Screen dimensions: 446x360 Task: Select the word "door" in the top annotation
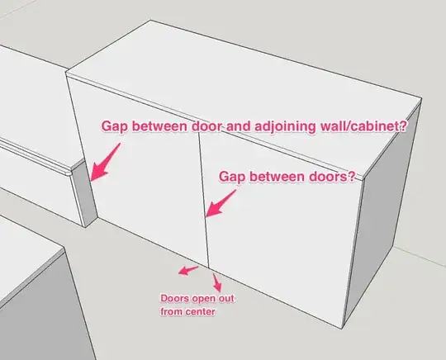click(x=206, y=126)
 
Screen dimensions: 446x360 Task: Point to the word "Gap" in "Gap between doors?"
click(x=231, y=177)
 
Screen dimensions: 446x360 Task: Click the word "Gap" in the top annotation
click(x=114, y=126)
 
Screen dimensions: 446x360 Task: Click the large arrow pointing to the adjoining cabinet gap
click(x=105, y=163)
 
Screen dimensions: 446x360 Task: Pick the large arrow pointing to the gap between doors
click(x=221, y=204)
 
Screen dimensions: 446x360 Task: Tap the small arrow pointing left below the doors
click(x=188, y=271)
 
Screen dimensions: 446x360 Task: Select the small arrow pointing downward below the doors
click(x=217, y=282)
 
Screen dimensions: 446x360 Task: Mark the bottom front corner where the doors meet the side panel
click(x=343, y=329)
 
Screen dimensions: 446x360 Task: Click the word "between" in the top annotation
click(x=159, y=126)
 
